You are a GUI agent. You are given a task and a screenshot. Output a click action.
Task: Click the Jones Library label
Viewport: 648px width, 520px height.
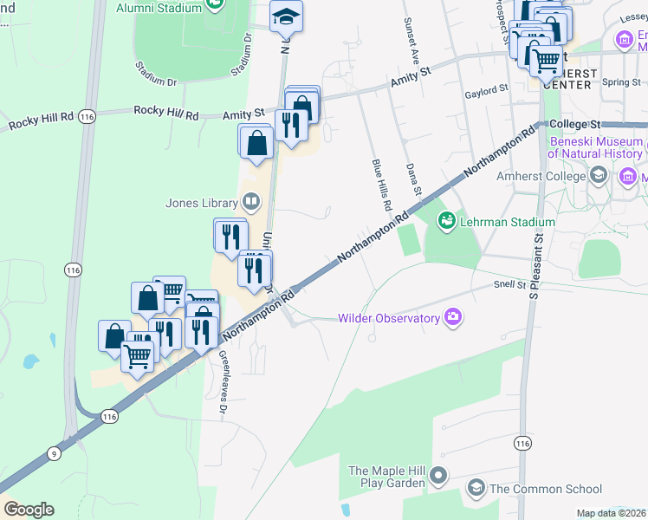point(201,204)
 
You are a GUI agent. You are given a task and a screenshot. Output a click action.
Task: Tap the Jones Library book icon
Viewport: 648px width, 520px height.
point(251,204)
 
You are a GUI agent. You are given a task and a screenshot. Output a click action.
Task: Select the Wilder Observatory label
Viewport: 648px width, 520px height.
point(389,318)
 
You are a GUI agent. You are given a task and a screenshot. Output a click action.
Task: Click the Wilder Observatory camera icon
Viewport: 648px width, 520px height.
point(452,317)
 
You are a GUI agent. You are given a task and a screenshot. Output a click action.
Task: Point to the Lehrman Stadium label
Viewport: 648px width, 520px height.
point(508,222)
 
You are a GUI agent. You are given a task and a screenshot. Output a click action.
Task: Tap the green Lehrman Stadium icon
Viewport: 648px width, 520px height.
point(447,222)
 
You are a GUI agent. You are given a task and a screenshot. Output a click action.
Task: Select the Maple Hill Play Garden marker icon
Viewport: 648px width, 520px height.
point(439,475)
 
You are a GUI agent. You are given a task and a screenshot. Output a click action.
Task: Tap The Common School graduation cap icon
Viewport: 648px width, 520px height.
point(476,489)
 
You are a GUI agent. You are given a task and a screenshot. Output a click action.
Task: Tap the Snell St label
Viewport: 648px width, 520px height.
point(509,284)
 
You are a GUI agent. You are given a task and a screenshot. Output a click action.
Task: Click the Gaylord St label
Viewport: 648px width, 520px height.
point(485,90)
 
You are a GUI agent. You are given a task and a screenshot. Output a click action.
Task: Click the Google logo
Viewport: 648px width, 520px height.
point(29,510)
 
